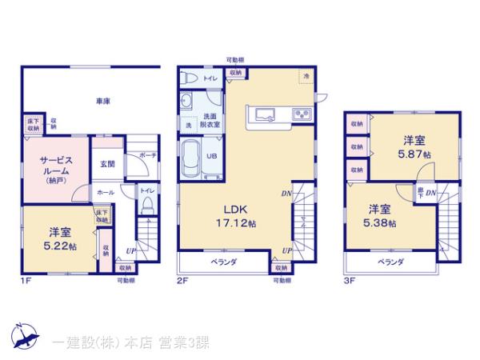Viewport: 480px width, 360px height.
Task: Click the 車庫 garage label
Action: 101,102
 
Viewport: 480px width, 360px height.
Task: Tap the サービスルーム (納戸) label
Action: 54,170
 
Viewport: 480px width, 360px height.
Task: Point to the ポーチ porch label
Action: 148,155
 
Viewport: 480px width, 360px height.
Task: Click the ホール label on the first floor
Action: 105,193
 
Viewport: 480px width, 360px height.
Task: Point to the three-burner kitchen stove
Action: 303,114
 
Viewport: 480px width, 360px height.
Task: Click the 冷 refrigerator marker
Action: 305,76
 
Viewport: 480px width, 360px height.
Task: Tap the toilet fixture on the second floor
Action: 188,78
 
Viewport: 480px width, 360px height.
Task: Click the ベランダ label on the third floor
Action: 390,262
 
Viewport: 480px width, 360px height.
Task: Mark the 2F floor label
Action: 182,280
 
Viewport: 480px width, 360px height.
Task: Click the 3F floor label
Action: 350,280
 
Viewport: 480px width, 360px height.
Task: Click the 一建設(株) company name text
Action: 88,342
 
